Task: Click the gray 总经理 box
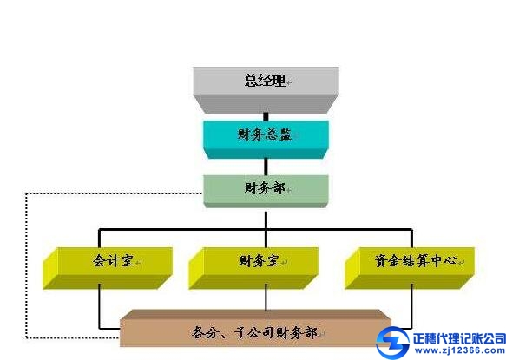[x=266, y=89]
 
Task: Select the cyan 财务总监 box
[x=266, y=140]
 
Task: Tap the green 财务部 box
[x=266, y=191]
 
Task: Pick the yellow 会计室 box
[x=108, y=268]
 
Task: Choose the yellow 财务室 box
[x=253, y=268]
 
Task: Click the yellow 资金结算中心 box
[x=410, y=268]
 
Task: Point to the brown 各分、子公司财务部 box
[x=255, y=329]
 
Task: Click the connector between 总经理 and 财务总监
[x=266, y=117]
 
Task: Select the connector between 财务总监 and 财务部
[x=266, y=167]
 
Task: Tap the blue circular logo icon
[x=393, y=343]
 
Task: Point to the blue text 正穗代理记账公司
[x=459, y=338]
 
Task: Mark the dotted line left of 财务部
[x=26, y=265]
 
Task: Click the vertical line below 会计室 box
[x=99, y=306]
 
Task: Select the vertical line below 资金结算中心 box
[x=411, y=306]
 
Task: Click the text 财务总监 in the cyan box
[x=265, y=134]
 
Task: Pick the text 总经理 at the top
[x=266, y=80]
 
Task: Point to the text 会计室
[x=114, y=260]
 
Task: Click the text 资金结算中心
[x=416, y=260]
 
